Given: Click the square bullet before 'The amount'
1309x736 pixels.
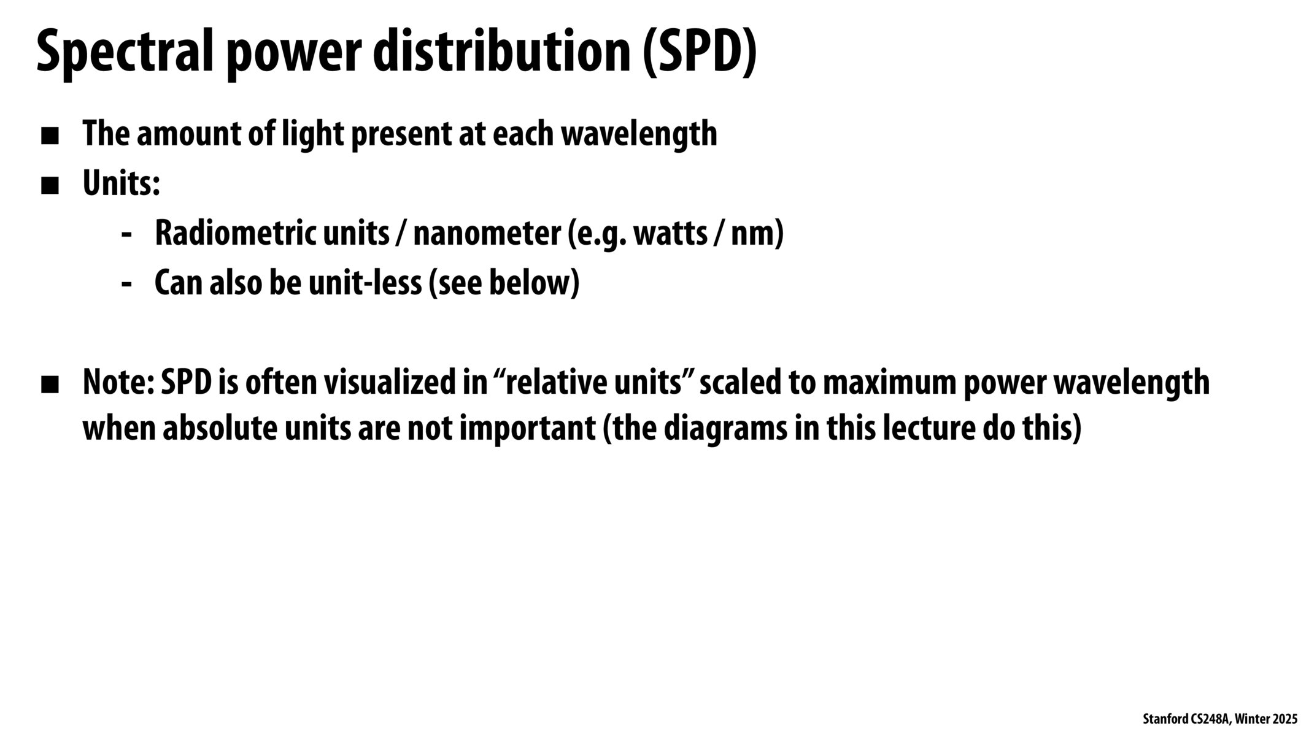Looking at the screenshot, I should pyautogui.click(x=50, y=136).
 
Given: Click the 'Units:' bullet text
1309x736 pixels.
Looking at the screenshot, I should pyautogui.click(x=122, y=183).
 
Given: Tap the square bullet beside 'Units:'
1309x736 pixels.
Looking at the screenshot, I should pyautogui.click(x=50, y=186).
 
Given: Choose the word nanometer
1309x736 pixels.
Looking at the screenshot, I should pyautogui.click(x=487, y=233).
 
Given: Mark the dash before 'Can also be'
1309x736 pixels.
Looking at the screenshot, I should pyautogui.click(x=127, y=284).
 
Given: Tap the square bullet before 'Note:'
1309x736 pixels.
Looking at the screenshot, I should pyautogui.click(x=50, y=385).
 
